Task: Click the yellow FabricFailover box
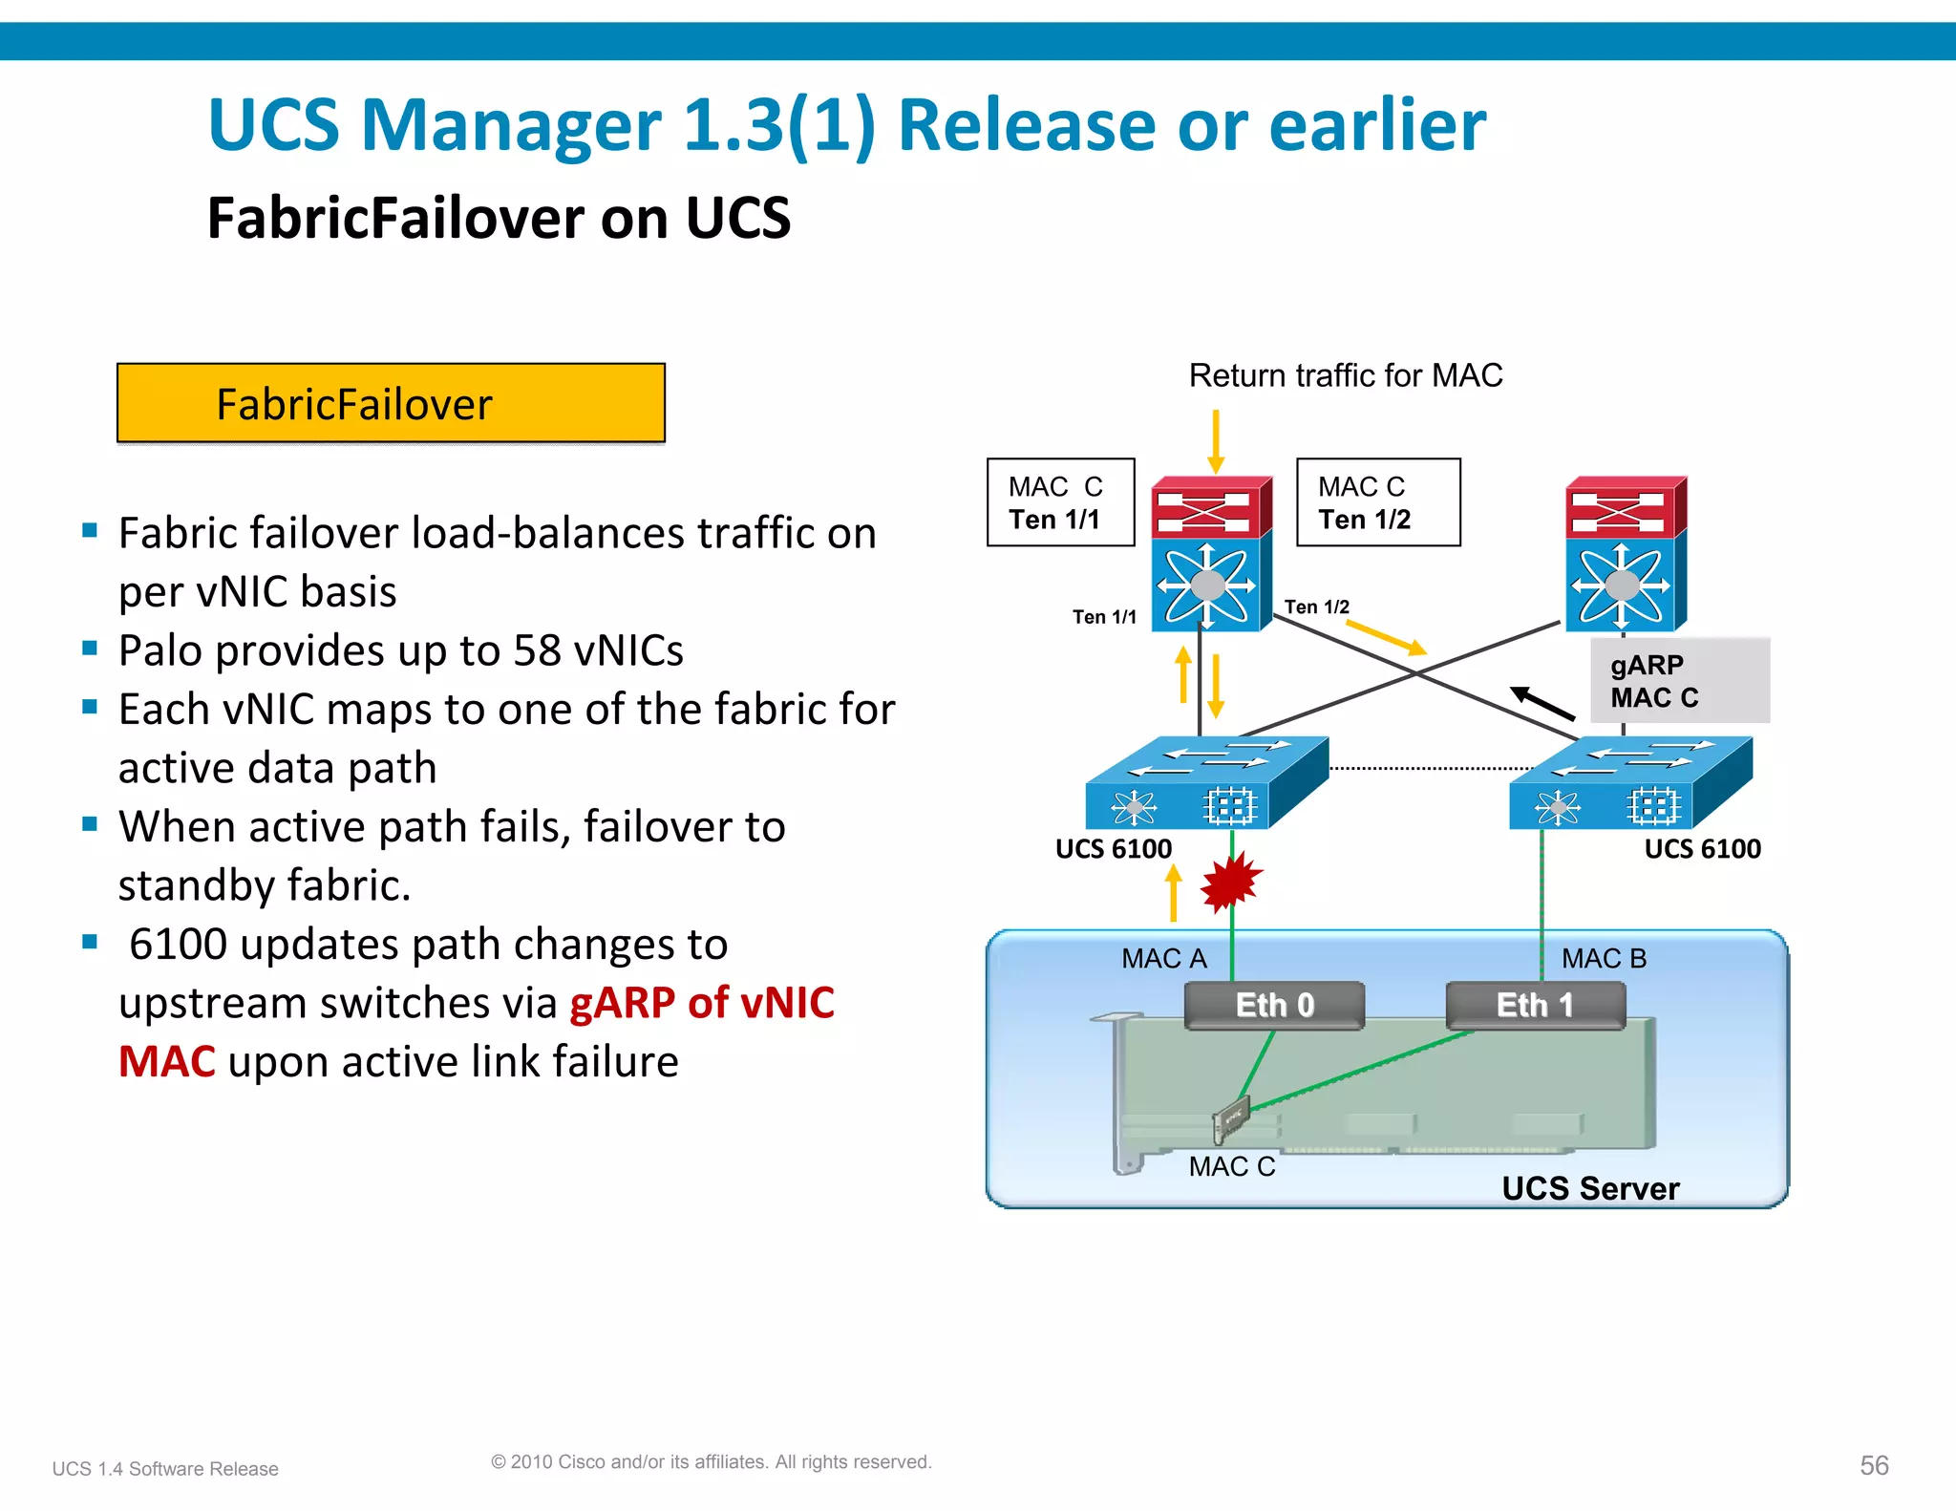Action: tap(391, 403)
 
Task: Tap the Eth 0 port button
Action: tap(1274, 1006)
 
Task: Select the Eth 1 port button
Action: tap(1535, 1006)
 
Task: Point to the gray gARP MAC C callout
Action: tap(1679, 680)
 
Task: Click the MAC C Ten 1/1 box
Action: tap(1060, 502)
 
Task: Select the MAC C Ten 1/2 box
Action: tap(1377, 502)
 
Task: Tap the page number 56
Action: tap(1874, 1465)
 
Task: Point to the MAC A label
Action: tap(1163, 958)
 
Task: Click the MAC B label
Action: tap(1604, 958)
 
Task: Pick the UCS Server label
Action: tap(1590, 1188)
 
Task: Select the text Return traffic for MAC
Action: tap(1345, 375)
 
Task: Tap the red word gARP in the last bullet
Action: tap(623, 1003)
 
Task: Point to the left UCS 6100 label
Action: tap(1113, 848)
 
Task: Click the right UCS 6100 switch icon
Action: tap(1630, 783)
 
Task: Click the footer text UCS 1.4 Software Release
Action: tap(165, 1469)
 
